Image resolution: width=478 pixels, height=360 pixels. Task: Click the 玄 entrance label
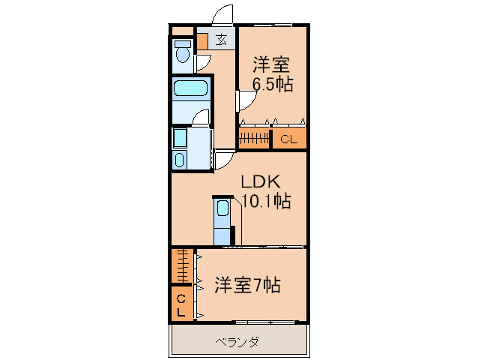point(222,40)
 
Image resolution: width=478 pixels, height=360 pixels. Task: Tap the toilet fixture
point(181,53)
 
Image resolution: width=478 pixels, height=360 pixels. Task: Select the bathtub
point(190,90)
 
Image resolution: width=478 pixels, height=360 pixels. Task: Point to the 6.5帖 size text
point(272,85)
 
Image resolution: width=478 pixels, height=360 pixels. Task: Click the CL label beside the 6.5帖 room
point(288,139)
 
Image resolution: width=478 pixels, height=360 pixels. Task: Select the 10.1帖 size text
point(265,201)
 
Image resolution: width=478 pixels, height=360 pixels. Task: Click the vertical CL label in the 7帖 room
point(181,305)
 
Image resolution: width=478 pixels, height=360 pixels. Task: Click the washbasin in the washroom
point(180,159)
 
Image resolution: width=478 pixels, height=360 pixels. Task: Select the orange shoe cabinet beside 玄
point(202,40)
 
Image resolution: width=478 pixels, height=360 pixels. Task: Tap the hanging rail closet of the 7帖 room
point(181,265)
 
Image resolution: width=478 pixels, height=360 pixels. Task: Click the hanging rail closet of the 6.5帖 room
point(254,139)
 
